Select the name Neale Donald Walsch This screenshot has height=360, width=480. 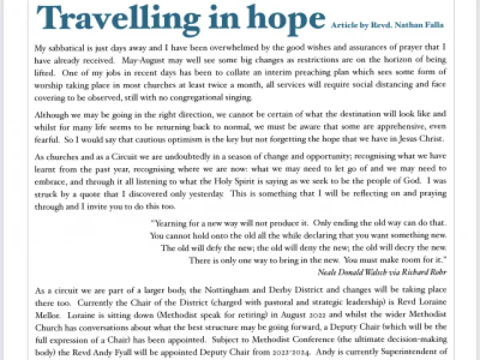coord(355,271)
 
